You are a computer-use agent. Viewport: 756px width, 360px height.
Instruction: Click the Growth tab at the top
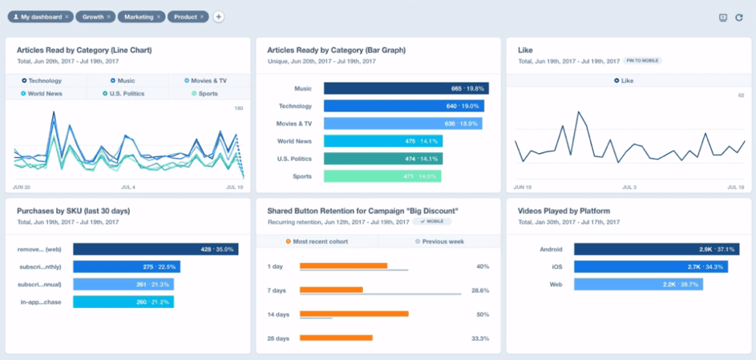(x=92, y=16)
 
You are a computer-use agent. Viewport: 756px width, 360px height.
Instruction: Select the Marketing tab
(x=138, y=16)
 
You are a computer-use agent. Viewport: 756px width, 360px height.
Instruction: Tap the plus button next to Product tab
(x=219, y=16)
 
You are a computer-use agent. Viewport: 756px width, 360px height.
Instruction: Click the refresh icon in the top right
(x=738, y=17)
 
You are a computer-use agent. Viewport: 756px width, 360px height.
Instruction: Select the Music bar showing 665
(x=406, y=89)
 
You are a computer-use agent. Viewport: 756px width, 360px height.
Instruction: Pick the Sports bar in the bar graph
(x=382, y=176)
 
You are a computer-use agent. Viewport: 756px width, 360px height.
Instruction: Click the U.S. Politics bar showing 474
(x=383, y=159)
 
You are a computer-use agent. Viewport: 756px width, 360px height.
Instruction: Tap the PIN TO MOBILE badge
(x=643, y=61)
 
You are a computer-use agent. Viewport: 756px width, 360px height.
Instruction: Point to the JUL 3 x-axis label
(x=629, y=187)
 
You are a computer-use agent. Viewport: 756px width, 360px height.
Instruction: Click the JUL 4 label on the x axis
(x=127, y=187)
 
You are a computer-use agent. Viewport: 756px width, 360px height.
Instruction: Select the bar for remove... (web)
(x=155, y=249)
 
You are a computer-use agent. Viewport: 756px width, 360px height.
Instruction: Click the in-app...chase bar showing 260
(x=123, y=302)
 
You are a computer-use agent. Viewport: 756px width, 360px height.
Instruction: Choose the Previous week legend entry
(x=440, y=241)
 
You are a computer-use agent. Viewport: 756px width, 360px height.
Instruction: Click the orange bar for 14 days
(x=354, y=314)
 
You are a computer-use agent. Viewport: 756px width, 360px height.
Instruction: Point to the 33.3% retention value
(x=481, y=338)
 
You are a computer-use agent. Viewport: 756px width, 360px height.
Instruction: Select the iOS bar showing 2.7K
(x=650, y=267)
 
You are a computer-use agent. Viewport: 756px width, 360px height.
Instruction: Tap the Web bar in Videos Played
(x=638, y=285)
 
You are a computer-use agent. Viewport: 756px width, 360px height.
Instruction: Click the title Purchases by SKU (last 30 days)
(x=73, y=211)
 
